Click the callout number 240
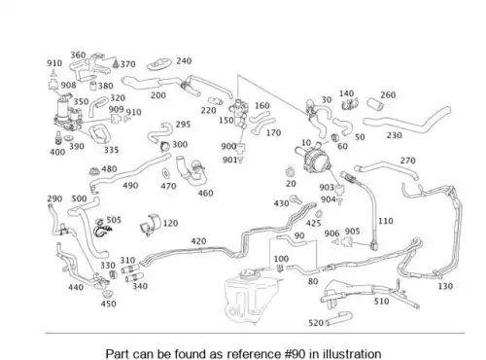pos(184,61)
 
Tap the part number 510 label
pos(381,302)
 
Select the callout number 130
pos(445,286)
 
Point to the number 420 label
pos(198,241)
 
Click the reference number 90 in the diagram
pos(299,235)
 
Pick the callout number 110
pos(386,221)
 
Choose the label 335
pos(111,150)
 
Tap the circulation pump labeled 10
pos(314,159)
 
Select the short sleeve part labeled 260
pos(375,104)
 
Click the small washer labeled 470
pos(166,173)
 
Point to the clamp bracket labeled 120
pos(150,224)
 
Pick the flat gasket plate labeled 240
pos(158,64)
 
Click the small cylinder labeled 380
pos(93,86)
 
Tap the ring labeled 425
pos(319,214)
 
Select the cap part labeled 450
pos(107,294)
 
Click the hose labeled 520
pos(339,318)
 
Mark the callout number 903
pos(327,187)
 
